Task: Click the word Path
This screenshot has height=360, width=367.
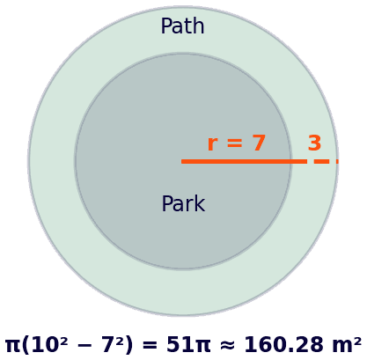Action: (x=182, y=26)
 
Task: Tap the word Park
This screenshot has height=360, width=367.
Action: (x=183, y=203)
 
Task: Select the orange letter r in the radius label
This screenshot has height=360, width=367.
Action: (x=212, y=144)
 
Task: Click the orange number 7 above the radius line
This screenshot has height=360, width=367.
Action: (x=259, y=143)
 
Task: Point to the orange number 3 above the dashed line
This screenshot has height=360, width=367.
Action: (x=314, y=143)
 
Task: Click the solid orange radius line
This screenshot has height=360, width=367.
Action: (x=244, y=161)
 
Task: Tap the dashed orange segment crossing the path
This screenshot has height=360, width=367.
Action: (x=326, y=161)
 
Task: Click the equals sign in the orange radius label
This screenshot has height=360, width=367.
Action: (x=235, y=143)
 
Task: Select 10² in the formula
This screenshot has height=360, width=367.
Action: (x=46, y=344)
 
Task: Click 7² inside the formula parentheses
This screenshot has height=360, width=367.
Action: (x=113, y=344)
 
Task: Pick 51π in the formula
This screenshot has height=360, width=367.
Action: (x=188, y=344)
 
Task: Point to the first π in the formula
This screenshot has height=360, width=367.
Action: (x=12, y=346)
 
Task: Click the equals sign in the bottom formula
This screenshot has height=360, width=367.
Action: (x=150, y=346)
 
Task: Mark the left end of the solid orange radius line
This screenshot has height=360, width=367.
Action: (x=181, y=161)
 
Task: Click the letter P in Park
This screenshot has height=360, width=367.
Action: (x=167, y=203)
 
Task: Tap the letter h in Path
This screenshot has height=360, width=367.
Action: (x=199, y=26)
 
